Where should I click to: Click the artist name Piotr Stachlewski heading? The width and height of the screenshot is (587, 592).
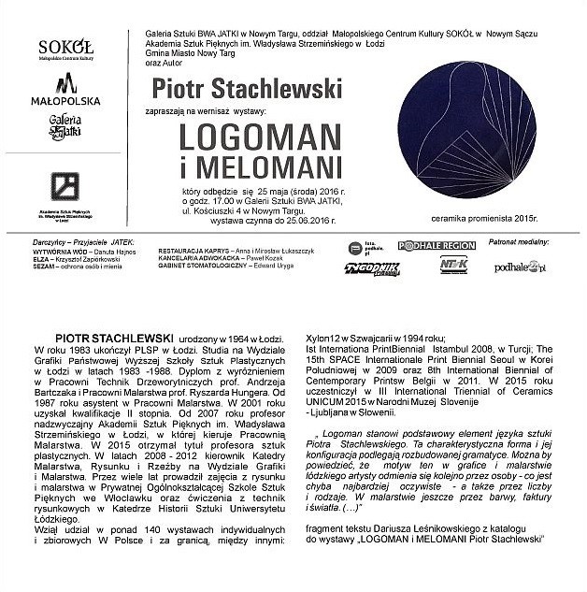tap(230, 90)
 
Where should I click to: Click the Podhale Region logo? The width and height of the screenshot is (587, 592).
tap(437, 245)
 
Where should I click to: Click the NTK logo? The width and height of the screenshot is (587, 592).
tap(453, 266)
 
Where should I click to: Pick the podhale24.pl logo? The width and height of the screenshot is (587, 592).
tap(521, 267)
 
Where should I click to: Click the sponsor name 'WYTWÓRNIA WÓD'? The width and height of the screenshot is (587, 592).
tap(57, 252)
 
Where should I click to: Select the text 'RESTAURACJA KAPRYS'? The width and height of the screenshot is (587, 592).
tap(193, 252)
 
